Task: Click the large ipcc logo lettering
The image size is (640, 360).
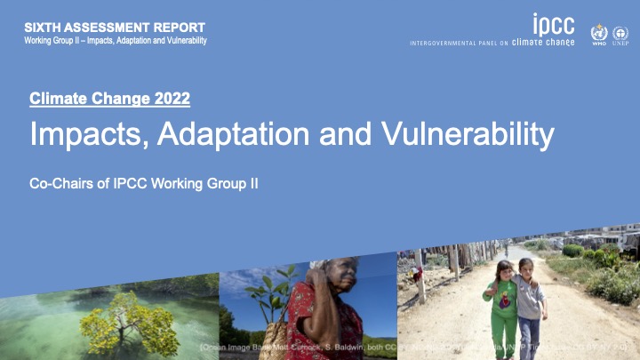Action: (554, 24)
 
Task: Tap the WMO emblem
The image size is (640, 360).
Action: (598, 33)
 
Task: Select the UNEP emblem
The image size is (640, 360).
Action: (620, 33)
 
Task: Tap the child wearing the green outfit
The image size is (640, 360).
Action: (504, 307)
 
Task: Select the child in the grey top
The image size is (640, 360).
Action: (530, 302)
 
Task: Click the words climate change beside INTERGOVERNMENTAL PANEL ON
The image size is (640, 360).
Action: (543, 43)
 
